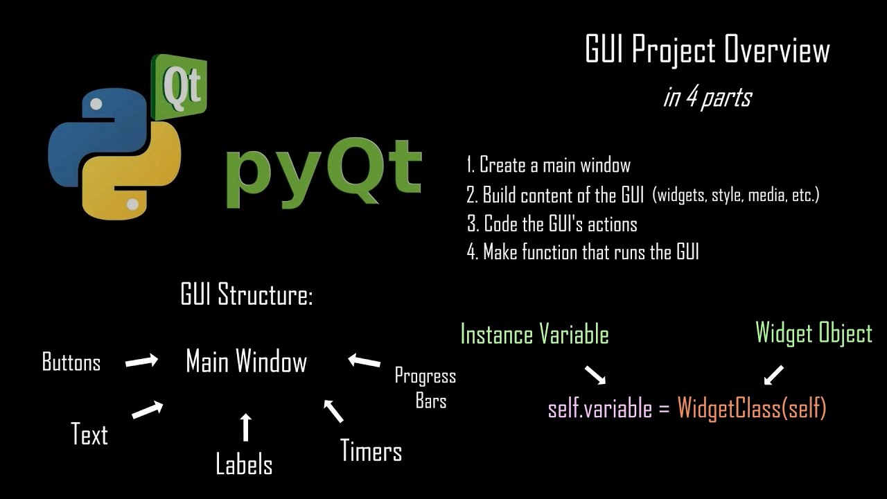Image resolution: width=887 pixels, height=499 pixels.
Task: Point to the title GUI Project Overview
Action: point(707,51)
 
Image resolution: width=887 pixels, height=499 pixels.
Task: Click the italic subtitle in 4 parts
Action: point(707,97)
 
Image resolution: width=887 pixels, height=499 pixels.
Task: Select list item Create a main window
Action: point(549,166)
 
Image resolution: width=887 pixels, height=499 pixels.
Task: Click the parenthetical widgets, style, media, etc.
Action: point(736,195)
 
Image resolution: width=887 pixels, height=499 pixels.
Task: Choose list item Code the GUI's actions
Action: point(552,224)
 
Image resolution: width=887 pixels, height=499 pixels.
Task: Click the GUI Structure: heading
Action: point(247,295)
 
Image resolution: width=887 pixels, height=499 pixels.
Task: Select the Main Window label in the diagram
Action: point(247,362)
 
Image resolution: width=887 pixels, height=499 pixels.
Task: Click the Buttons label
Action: point(71,362)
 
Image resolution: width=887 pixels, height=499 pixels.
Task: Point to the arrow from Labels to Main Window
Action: point(245,427)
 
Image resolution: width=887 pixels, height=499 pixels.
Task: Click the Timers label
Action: point(371,452)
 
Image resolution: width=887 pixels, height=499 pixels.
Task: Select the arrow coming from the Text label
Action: point(147,410)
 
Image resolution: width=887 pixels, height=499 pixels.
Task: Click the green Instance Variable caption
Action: point(534,335)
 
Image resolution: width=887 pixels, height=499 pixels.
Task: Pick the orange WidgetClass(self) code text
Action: point(752,408)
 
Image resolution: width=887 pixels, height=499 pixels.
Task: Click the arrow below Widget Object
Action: point(773,375)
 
